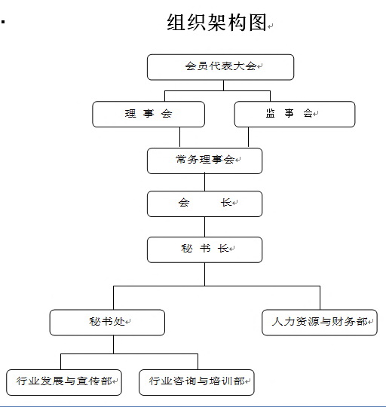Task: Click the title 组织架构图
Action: (x=217, y=23)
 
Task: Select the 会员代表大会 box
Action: (x=220, y=67)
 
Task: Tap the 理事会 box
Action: (x=149, y=114)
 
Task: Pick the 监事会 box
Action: (x=295, y=114)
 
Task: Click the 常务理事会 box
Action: (x=204, y=161)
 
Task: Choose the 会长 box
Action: (x=204, y=203)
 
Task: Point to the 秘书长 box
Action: (x=204, y=249)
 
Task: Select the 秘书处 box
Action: (x=107, y=323)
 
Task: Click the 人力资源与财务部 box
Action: (x=320, y=323)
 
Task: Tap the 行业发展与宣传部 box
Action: (x=64, y=382)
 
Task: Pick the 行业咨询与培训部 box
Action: (x=197, y=382)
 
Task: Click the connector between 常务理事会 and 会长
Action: (x=204, y=182)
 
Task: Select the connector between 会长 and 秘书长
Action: (x=204, y=227)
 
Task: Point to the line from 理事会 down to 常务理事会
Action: (x=179, y=137)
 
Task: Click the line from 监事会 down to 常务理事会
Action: (x=249, y=137)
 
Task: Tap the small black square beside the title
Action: (x=3, y=22)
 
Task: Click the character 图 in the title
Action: (x=258, y=23)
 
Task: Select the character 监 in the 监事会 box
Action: (x=271, y=113)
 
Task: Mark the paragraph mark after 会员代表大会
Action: (x=260, y=66)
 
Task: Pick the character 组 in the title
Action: (x=176, y=23)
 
